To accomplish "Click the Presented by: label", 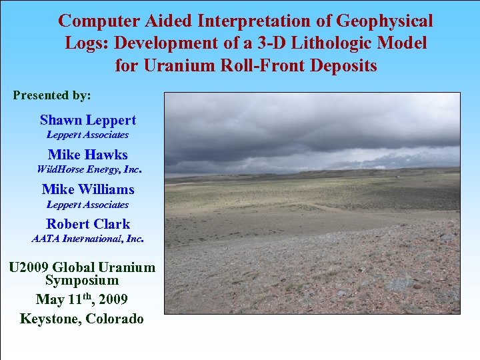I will tap(52, 95).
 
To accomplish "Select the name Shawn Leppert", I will tap(87, 121).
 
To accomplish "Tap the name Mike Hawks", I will tap(87, 155).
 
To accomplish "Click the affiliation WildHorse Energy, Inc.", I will tap(89, 169).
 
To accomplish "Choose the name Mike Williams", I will tap(87, 190).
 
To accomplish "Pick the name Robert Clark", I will tap(87, 225).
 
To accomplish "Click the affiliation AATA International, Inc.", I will tap(87, 238).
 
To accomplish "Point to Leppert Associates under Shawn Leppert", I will tap(87, 135).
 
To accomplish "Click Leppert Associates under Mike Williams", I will tap(87, 205).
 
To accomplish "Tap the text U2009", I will tap(31, 268).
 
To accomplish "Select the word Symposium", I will tap(81, 281).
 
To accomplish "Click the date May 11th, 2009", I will tap(81, 299).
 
